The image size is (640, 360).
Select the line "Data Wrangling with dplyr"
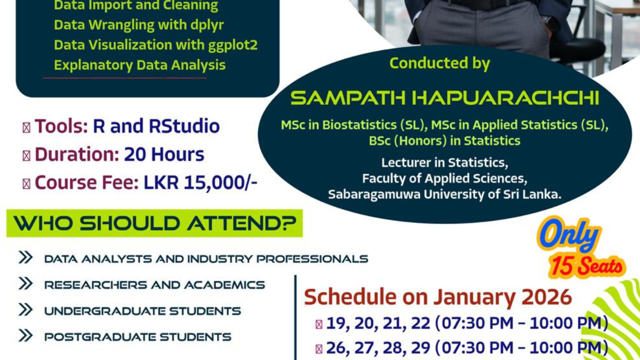pos(139,25)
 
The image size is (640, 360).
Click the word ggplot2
pos(233,45)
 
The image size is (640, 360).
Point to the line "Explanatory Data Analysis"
pos(140,65)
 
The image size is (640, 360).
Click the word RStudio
pos(184,126)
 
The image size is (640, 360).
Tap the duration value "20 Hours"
pos(164,154)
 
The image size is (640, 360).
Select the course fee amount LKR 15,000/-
pos(200,183)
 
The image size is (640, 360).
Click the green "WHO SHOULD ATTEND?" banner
pos(154,223)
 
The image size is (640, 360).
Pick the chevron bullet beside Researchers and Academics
pos(25,284)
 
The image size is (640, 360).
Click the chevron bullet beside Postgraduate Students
pos(25,335)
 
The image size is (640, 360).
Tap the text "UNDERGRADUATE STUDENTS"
pos(142,311)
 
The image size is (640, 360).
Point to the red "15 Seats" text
pos(586,266)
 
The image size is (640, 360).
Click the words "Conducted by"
pos(440,63)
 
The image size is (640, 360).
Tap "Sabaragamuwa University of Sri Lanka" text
pos(444,195)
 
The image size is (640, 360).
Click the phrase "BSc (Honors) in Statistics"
pos(444,141)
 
